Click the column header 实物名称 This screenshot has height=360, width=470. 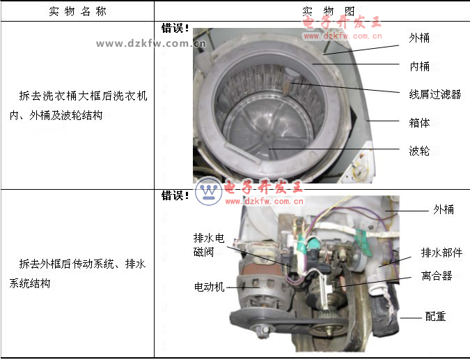coord(77,11)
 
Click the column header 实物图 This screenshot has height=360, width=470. coord(329,11)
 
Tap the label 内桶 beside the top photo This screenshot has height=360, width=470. coord(419,66)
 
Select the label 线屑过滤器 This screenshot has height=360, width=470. coord(435,94)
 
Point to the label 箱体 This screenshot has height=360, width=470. coord(419,123)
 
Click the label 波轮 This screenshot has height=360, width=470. coord(419,151)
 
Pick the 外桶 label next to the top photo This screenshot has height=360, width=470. coord(419,38)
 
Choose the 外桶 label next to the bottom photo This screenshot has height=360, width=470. coord(444,209)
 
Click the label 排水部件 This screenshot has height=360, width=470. coord(441,253)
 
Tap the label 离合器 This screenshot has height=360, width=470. coord(437,276)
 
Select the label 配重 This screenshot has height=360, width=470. coord(435,316)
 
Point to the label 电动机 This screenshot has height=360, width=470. coord(209,287)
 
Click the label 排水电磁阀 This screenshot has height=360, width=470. coord(209,245)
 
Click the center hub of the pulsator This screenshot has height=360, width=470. coord(267,137)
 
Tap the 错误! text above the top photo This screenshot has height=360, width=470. coord(175,28)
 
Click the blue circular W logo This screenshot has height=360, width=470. coord(209,191)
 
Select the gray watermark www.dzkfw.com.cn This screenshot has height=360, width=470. coord(151,43)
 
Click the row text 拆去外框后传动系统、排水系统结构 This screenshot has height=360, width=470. coord(77,273)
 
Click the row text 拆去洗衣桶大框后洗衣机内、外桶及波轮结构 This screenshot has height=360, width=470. coord(79,105)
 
